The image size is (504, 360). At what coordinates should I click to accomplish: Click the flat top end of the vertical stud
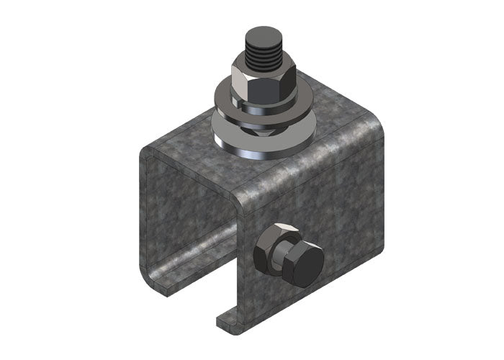pyautogui.click(x=261, y=36)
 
